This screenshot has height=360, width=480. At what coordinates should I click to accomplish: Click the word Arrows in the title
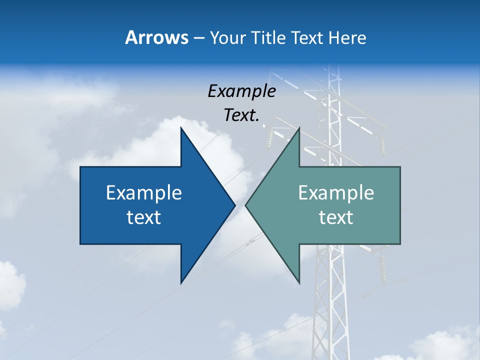point(155,37)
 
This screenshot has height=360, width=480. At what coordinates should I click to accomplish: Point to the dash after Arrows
point(198,38)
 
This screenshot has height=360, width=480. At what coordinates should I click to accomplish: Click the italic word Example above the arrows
point(241,91)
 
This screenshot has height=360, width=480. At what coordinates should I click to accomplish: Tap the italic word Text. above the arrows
point(241,115)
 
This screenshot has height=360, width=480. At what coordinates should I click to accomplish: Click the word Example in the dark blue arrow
point(143,193)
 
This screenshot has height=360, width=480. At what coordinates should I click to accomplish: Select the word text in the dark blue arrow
point(143,217)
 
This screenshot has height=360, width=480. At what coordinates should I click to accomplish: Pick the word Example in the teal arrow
point(336,193)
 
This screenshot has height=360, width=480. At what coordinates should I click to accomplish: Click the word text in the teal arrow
point(336,217)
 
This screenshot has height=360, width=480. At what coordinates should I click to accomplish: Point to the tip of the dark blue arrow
point(234,205)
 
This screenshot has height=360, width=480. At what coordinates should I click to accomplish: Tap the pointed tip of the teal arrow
point(245,205)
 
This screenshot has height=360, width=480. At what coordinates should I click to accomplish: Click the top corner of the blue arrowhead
point(181,127)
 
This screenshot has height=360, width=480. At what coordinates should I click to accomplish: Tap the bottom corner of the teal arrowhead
point(299,283)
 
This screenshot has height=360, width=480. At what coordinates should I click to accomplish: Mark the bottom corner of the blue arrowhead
point(181,283)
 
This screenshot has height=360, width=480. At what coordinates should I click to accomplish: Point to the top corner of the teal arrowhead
point(299,127)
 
